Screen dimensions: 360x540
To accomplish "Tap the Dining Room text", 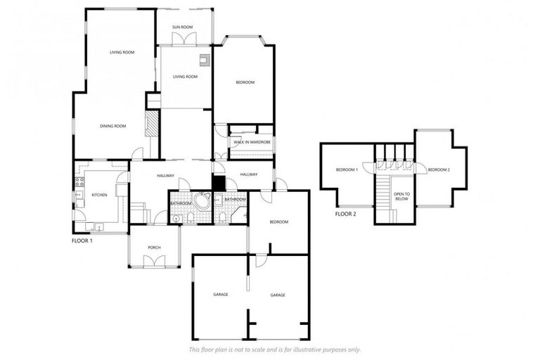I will click(112, 126).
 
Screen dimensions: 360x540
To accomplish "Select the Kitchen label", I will click(99, 195).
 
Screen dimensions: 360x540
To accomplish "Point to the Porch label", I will click(154, 247).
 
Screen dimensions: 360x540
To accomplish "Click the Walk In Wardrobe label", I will click(252, 143).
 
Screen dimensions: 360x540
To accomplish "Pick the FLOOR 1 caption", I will click(82, 240).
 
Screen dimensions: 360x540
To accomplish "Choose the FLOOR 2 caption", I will click(345, 214).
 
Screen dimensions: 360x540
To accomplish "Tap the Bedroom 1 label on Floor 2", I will click(347, 169).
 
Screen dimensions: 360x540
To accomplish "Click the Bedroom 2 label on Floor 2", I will click(439, 169).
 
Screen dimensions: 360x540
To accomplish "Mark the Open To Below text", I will click(401, 196).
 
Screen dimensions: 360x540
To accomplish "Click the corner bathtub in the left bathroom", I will click(202, 202).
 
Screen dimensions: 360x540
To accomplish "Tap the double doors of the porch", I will click(154, 262).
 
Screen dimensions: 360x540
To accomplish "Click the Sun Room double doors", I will click(183, 40).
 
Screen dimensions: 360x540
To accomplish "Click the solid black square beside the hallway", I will click(218, 183).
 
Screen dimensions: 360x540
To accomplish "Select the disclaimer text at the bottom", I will click(274, 349).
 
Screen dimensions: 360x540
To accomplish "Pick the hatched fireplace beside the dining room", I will click(151, 123).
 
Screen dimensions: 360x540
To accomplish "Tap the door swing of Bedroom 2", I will click(420, 169).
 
